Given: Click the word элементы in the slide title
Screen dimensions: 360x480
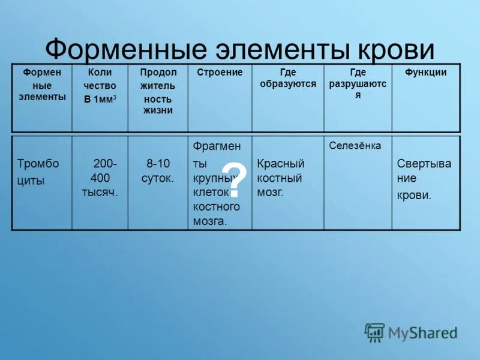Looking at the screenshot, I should point(277,50).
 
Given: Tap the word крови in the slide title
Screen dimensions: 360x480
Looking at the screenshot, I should point(397,50).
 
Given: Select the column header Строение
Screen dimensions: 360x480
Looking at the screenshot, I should point(220,73).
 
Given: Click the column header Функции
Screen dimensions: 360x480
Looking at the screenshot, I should point(425,73).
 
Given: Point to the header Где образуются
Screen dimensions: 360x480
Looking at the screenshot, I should point(287,78).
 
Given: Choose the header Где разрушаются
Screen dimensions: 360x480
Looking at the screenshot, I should point(358,83).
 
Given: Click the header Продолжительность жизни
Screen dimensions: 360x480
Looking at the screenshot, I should point(158,91).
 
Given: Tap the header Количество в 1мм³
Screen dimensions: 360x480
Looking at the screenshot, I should point(100,86).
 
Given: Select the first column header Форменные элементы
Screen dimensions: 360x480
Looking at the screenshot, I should point(42,85).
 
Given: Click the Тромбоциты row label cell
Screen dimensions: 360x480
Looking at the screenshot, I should point(38,172).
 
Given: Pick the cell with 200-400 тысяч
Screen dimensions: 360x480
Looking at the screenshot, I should point(100,178).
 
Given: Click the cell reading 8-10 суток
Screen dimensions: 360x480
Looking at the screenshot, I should point(158,170).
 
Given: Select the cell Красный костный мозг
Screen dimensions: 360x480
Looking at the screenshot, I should point(281,178).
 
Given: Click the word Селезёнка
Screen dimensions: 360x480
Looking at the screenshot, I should point(355,146).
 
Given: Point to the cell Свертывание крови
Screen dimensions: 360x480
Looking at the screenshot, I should point(424,179).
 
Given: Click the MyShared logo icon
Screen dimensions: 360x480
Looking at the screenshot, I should point(374,332).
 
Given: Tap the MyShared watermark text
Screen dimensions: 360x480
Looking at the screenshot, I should point(422,332).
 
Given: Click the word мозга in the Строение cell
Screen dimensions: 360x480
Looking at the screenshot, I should point(209,221).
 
